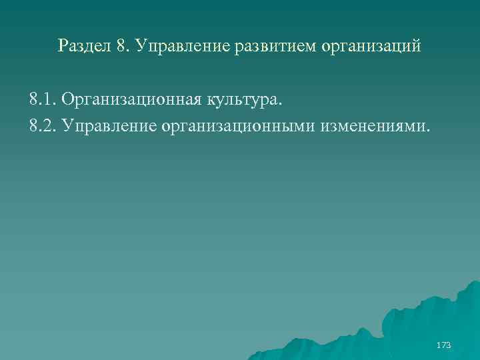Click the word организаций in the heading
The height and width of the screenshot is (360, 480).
pos(371,47)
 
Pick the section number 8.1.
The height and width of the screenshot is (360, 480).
pos(42,100)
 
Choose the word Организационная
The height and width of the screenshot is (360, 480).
pos(136,101)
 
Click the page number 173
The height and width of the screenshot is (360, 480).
pos(443,345)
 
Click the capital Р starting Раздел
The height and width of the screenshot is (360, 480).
pos(63,46)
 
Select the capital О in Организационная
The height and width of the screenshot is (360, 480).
pos(67,100)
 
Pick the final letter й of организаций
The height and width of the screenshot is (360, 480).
pos(417,47)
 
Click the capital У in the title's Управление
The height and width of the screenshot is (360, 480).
pos(140,46)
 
